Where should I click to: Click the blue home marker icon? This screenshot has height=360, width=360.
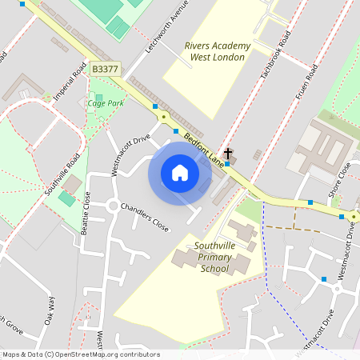(x=180, y=174)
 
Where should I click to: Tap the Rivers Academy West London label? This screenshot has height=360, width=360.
(x=217, y=51)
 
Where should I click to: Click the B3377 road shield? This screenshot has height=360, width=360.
(x=105, y=70)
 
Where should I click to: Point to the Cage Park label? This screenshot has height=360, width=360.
(x=105, y=103)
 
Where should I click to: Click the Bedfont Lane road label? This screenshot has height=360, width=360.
(x=203, y=149)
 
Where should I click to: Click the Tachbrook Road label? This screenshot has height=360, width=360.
(x=273, y=55)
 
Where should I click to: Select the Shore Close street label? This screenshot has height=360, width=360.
(x=340, y=179)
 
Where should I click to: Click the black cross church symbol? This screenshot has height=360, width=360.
(x=228, y=152)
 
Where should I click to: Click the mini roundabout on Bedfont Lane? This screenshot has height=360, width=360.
(x=163, y=117)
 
